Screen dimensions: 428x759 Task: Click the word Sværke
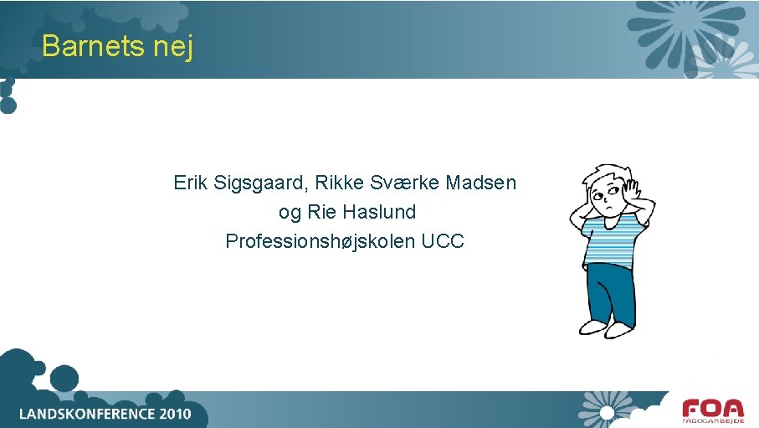406,182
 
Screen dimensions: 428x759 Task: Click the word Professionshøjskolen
321,242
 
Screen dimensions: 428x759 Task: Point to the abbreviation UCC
443,241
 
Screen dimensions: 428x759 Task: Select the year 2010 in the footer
168,414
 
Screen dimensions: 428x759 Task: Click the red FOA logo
712,410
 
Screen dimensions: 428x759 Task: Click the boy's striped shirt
611,239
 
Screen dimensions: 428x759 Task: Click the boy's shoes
605,327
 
